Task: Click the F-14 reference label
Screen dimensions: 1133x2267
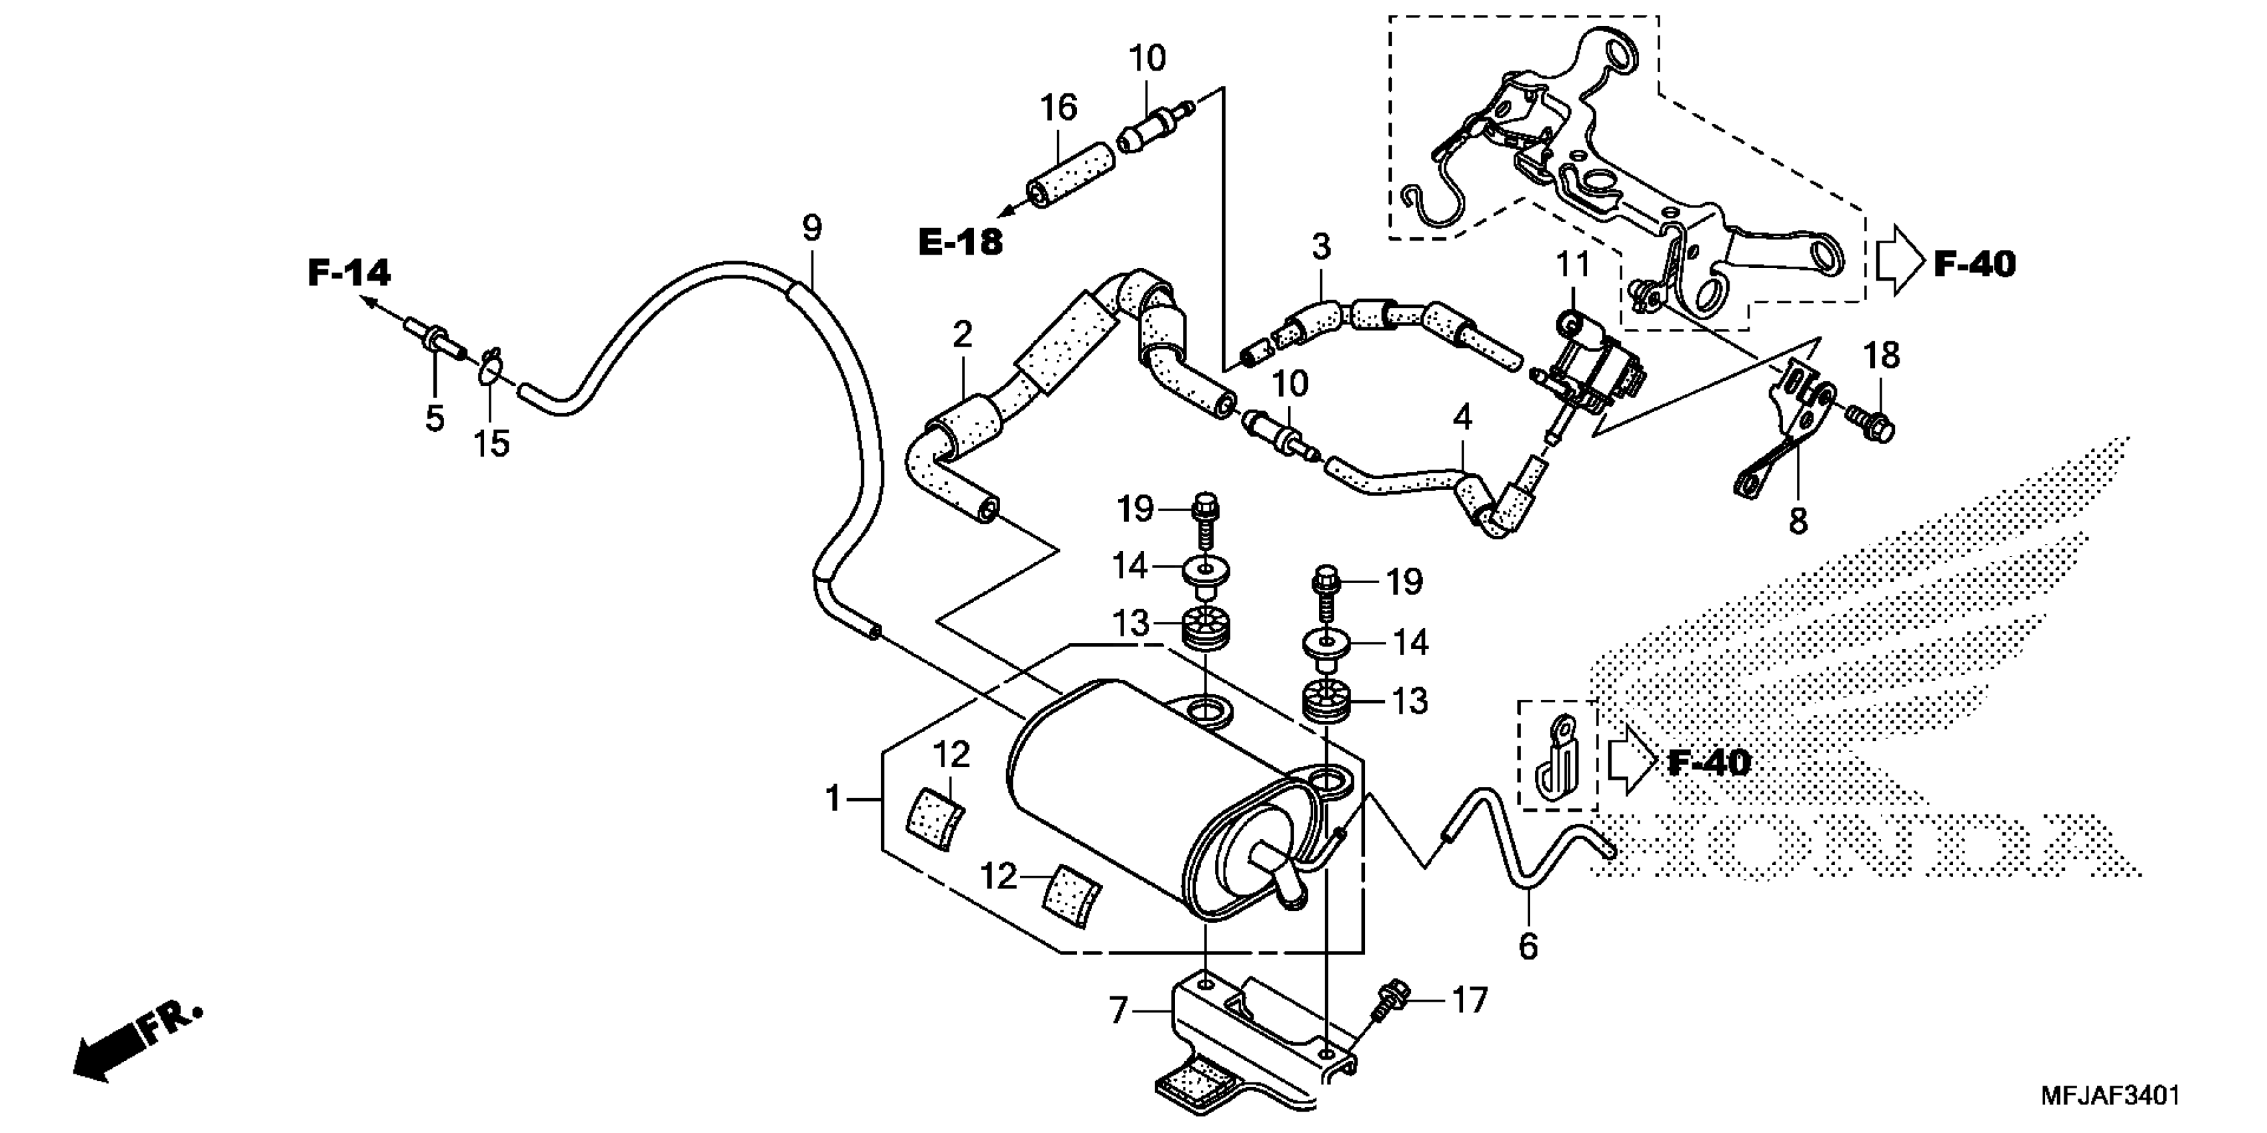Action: pos(349,273)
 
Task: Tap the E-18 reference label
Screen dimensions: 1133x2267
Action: pos(960,242)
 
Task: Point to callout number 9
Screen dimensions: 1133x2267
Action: pos(812,229)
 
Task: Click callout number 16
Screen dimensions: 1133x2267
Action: pos(1059,108)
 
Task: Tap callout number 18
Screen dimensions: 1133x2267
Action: pos(1881,357)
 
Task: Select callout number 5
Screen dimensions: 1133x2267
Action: pos(435,419)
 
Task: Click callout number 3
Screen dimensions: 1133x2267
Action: pos(1321,248)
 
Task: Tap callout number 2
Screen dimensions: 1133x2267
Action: pos(963,335)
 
